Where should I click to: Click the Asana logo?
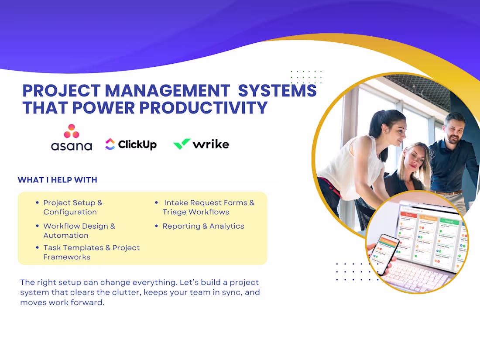tap(72, 137)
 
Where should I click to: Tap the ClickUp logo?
tap(131, 144)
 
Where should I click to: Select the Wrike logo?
tap(201, 144)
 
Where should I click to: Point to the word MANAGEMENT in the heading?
tap(168, 90)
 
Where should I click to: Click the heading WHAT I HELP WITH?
tap(57, 180)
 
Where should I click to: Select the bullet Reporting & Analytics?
tap(203, 226)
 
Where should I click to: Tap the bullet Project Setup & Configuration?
tap(72, 207)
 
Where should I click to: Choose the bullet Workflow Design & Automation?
tap(79, 230)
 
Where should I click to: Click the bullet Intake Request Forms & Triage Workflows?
tap(208, 207)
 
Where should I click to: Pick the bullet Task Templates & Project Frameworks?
tap(91, 252)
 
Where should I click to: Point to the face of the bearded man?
tap(454, 128)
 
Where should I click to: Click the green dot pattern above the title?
tap(306, 77)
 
